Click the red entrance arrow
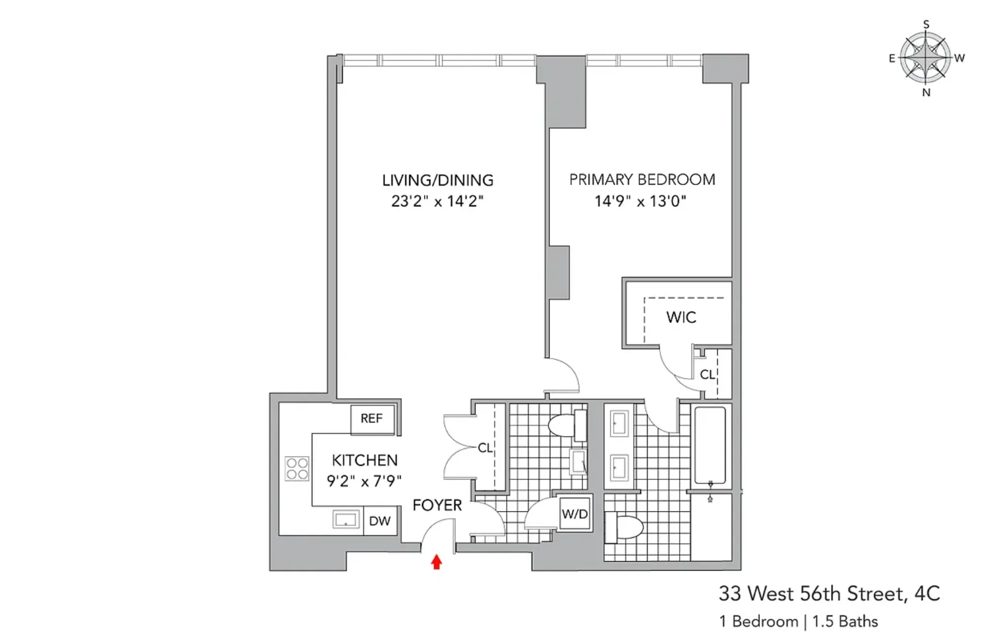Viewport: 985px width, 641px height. tap(436, 562)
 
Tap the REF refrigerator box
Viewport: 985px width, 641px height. tap(372, 418)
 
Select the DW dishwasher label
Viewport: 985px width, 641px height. tap(380, 521)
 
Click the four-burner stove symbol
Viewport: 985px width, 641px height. tap(297, 469)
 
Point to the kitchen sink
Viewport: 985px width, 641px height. tap(346, 519)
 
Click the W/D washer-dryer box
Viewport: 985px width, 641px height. tap(575, 514)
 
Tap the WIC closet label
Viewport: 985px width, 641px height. tap(681, 318)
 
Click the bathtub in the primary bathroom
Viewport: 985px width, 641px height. tap(710, 446)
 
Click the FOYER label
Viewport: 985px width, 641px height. tap(437, 505)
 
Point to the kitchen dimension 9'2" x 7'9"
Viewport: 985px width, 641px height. tap(364, 481)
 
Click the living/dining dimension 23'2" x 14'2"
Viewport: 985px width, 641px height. tap(437, 201)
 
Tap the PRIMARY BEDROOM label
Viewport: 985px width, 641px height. tap(642, 180)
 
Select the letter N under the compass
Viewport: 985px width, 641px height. tap(926, 93)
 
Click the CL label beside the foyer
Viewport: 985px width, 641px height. tap(485, 448)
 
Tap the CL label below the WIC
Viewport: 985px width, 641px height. tap(707, 375)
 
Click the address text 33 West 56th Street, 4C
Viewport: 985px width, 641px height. tap(829, 594)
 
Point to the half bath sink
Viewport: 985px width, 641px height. tap(578, 462)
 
